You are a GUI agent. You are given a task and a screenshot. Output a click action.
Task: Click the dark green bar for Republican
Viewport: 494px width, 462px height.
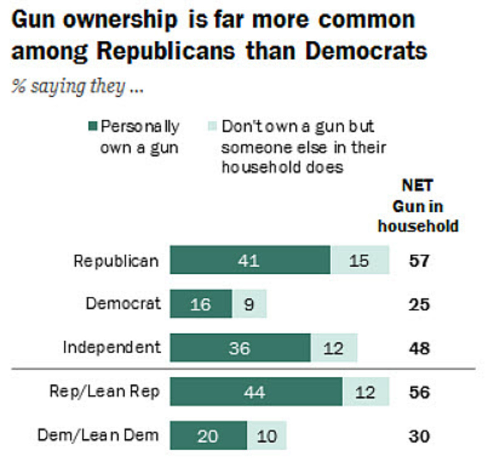(x=250, y=260)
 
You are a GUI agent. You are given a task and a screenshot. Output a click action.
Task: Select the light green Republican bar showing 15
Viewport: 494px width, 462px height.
(x=359, y=260)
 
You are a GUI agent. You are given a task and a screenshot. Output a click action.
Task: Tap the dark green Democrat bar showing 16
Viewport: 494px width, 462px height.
(x=201, y=304)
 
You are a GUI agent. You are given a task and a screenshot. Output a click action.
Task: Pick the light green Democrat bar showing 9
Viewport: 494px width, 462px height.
(x=249, y=304)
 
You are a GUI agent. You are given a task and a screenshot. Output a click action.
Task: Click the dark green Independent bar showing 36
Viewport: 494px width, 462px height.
(x=240, y=348)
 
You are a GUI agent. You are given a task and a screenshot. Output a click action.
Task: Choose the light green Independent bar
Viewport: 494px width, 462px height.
(x=333, y=348)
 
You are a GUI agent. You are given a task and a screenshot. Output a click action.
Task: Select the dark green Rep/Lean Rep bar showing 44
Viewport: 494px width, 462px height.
(x=255, y=392)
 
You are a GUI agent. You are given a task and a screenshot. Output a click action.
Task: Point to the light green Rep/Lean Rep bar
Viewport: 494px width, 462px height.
(x=366, y=392)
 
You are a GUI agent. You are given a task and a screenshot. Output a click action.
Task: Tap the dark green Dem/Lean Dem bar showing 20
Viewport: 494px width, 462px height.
(x=208, y=436)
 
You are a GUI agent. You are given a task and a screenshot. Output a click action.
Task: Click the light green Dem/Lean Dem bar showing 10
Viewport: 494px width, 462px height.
(x=267, y=436)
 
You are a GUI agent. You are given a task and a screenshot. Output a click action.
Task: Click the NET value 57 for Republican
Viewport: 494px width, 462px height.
(x=419, y=260)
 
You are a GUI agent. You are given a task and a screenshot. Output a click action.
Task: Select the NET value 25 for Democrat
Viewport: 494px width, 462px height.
(x=419, y=305)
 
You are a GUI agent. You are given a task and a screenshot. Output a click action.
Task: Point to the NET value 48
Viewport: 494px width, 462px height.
(x=419, y=348)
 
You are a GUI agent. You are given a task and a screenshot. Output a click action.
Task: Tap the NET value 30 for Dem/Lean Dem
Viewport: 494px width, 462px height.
(x=419, y=436)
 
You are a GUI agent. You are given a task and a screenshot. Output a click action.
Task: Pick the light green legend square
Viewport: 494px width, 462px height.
(x=212, y=126)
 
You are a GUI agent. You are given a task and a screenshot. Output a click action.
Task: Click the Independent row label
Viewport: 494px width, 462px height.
(x=112, y=347)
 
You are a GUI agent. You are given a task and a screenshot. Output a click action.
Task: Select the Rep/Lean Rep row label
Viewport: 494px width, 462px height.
(x=104, y=391)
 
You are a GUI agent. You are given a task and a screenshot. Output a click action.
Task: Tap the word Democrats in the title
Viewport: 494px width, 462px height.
(x=366, y=51)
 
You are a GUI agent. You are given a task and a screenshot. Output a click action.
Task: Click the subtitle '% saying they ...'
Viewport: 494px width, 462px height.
(x=77, y=87)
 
